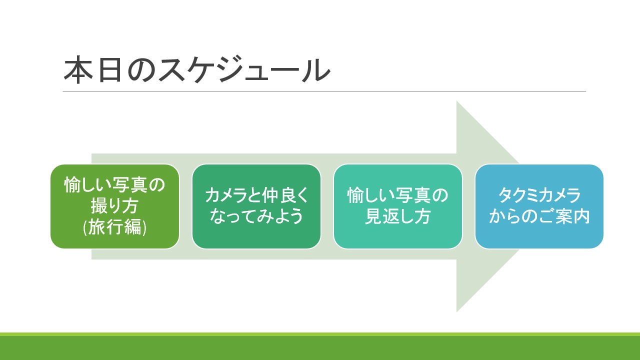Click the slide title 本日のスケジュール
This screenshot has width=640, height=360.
click(197, 70)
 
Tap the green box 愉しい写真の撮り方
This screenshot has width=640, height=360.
click(114, 206)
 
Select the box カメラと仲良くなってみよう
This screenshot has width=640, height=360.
click(256, 206)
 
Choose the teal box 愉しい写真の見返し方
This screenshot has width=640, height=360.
click(397, 206)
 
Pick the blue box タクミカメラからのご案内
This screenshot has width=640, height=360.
click(539, 206)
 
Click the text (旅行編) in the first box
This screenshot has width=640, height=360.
click(114, 227)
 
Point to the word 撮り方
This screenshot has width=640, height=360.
click(114, 206)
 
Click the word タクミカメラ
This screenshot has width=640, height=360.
click(539, 195)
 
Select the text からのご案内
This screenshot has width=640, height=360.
click(539, 217)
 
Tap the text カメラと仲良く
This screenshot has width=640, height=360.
click(256, 195)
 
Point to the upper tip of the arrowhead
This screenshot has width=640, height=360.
click(457, 103)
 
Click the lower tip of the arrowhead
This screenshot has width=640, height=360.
click(457, 310)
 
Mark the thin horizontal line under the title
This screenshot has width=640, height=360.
click(324, 91)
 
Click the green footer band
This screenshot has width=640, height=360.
click(320, 347)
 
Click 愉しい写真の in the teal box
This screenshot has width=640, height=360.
click(397, 195)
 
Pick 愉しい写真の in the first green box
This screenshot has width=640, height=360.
click(114, 185)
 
